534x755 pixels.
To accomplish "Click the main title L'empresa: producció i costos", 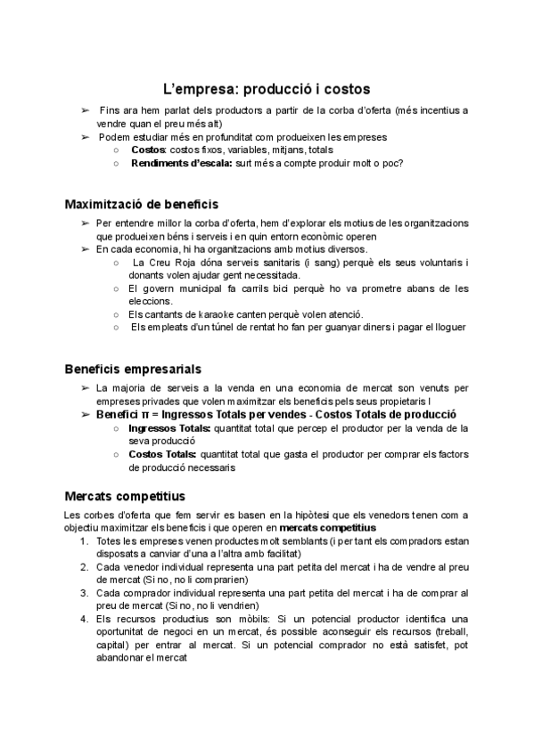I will (x=267, y=89).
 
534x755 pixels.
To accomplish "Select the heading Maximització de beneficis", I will (x=142, y=204).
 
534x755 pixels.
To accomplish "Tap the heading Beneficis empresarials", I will (x=133, y=369).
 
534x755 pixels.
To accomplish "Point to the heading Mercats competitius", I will (x=125, y=496).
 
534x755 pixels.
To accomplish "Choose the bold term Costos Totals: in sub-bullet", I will (x=163, y=454).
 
